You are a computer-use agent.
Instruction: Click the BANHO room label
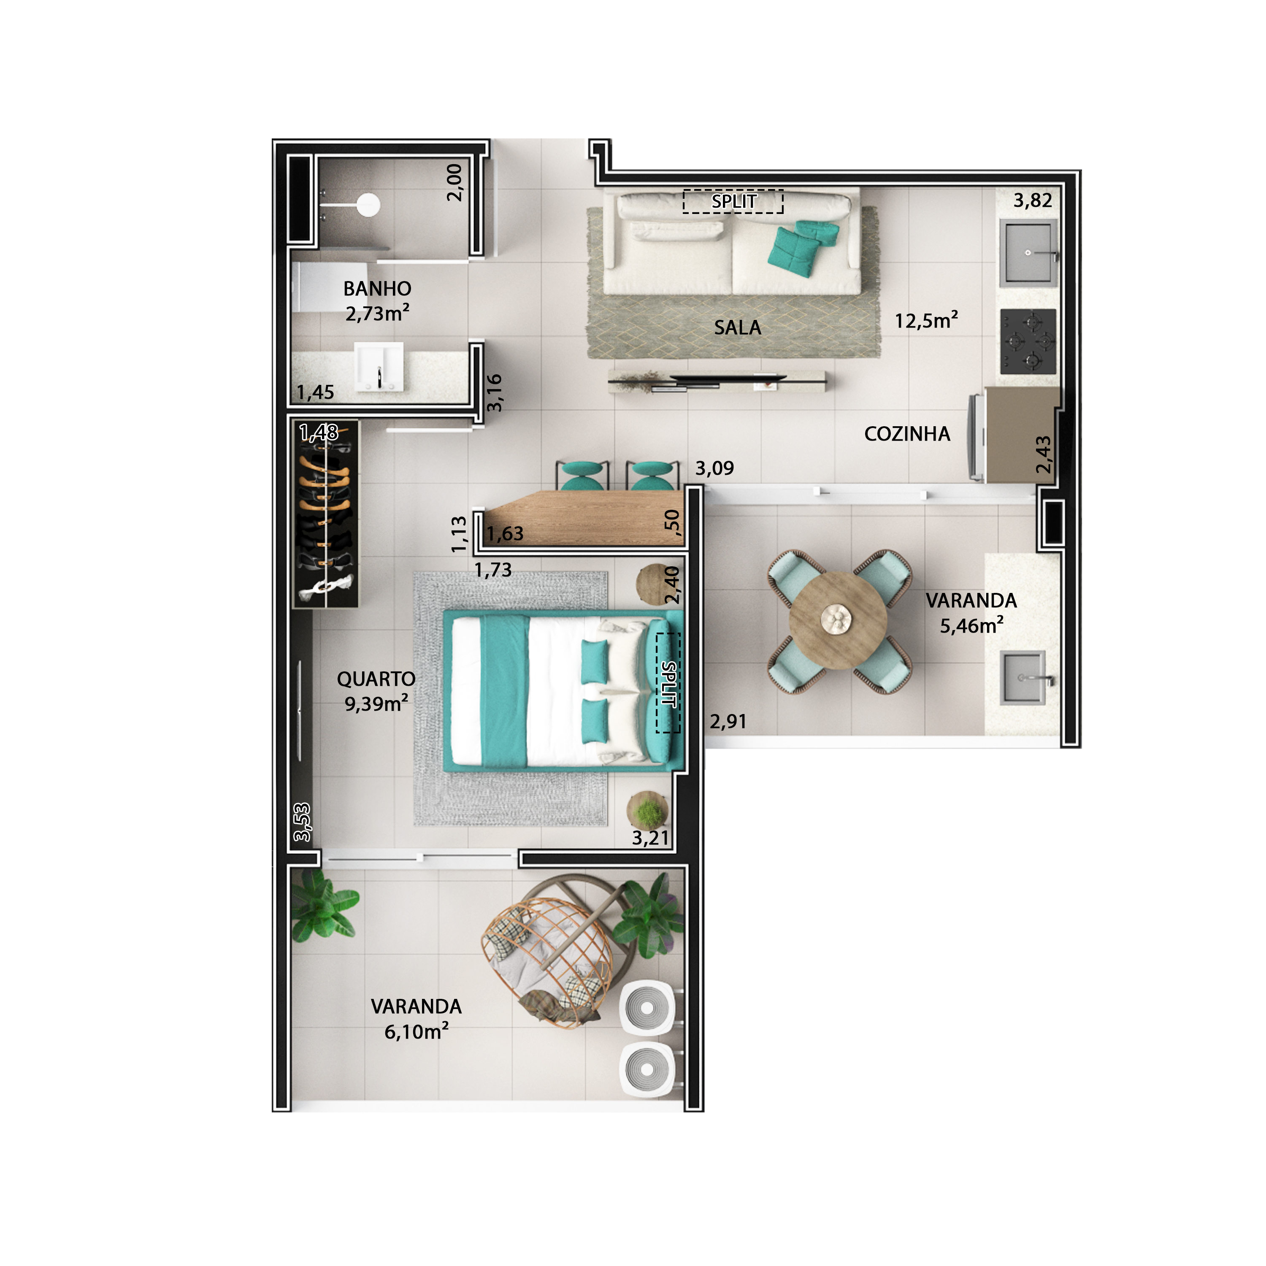(x=377, y=289)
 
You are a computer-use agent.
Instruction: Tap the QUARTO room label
(x=376, y=679)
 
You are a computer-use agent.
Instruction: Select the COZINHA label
(x=907, y=434)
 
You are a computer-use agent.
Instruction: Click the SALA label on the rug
(x=737, y=327)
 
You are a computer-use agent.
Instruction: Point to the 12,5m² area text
(x=926, y=321)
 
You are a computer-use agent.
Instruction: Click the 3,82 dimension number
(x=1032, y=200)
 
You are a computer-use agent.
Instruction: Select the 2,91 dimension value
(x=728, y=722)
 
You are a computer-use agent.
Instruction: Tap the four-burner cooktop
(x=1028, y=341)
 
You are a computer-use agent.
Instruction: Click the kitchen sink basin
(x=1028, y=253)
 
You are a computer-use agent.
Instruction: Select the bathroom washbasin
(x=379, y=365)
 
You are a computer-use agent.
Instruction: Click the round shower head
(x=368, y=204)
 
